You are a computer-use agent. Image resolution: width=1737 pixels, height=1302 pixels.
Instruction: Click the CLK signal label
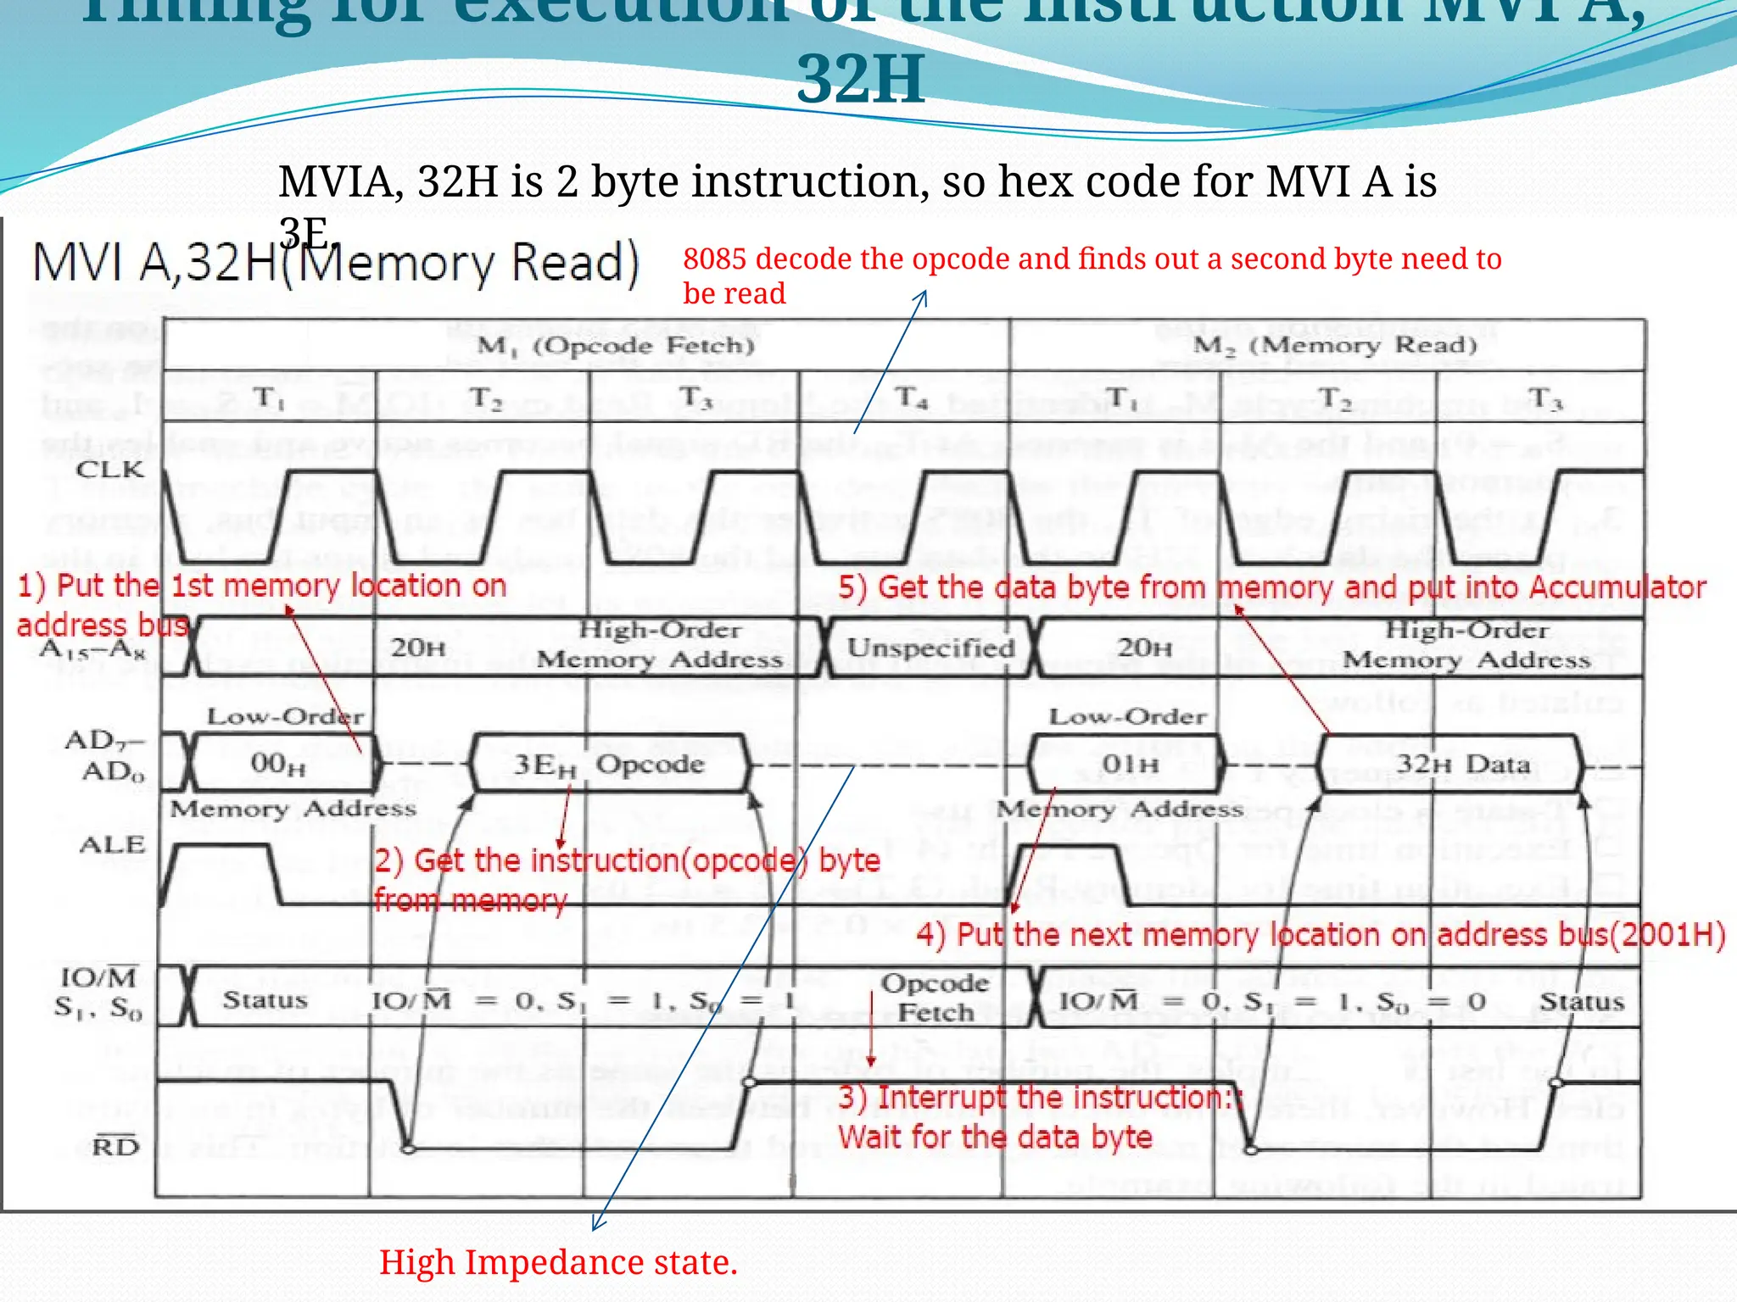click(x=110, y=469)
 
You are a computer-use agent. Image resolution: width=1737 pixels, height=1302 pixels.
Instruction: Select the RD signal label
click(x=115, y=1146)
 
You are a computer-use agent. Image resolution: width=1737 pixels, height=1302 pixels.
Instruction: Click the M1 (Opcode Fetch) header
click(x=616, y=345)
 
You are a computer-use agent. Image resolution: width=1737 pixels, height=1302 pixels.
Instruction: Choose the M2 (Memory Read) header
click(x=1335, y=345)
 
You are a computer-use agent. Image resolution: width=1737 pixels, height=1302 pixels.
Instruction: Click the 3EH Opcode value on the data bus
click(x=609, y=764)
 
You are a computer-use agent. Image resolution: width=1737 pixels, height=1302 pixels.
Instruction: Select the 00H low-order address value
click(x=277, y=764)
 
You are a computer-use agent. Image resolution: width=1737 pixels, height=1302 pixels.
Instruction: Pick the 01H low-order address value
click(x=1130, y=764)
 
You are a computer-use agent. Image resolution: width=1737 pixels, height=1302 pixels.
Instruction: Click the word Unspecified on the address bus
click(x=931, y=648)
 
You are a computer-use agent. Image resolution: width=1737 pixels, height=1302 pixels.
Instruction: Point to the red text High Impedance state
click(x=558, y=1262)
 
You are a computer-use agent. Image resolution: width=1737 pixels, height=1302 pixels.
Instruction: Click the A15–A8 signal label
click(x=93, y=649)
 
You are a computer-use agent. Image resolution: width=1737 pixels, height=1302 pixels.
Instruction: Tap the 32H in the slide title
click(x=860, y=80)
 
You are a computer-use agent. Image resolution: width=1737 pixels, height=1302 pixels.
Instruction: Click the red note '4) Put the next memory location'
click(x=1320, y=935)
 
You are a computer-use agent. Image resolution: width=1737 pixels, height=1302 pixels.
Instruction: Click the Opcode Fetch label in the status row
click(x=936, y=998)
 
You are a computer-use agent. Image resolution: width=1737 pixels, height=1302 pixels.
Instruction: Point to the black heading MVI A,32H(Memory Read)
click(x=335, y=263)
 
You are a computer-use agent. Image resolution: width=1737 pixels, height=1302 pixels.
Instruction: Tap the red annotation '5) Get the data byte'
click(x=1271, y=587)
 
